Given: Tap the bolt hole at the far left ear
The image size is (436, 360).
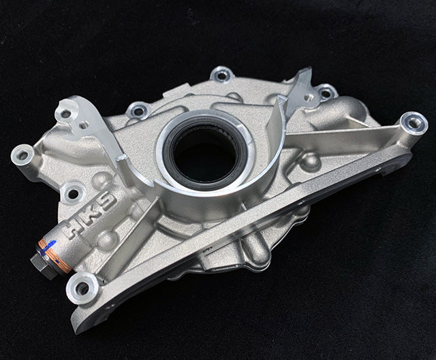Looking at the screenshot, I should click(x=22, y=154).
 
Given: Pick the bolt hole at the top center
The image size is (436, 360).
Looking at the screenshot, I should click(x=220, y=73).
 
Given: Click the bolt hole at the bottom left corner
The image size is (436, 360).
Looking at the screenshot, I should click(x=82, y=289).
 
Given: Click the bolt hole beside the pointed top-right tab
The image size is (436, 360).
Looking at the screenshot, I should click(x=326, y=92).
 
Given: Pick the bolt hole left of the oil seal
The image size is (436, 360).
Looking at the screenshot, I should click(x=138, y=110).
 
